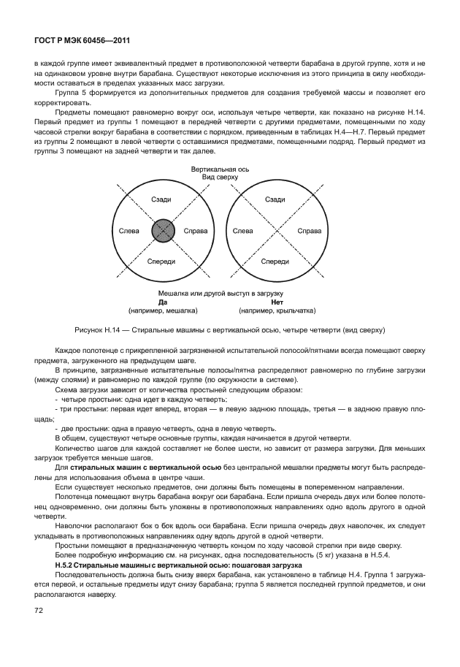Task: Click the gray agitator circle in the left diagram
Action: coord(163,231)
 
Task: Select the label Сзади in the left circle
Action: coord(161,199)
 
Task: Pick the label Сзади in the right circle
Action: coord(275,199)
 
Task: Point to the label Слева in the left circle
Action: coord(129,231)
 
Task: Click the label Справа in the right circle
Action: coord(310,231)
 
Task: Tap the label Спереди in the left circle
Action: coord(161,261)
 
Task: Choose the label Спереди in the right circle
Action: coord(275,261)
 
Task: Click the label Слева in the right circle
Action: coord(243,231)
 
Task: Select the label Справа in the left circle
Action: coord(195,231)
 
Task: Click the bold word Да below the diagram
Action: coord(163,301)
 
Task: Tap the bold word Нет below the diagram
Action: coord(276,301)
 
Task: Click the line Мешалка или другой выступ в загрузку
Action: coord(220,293)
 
